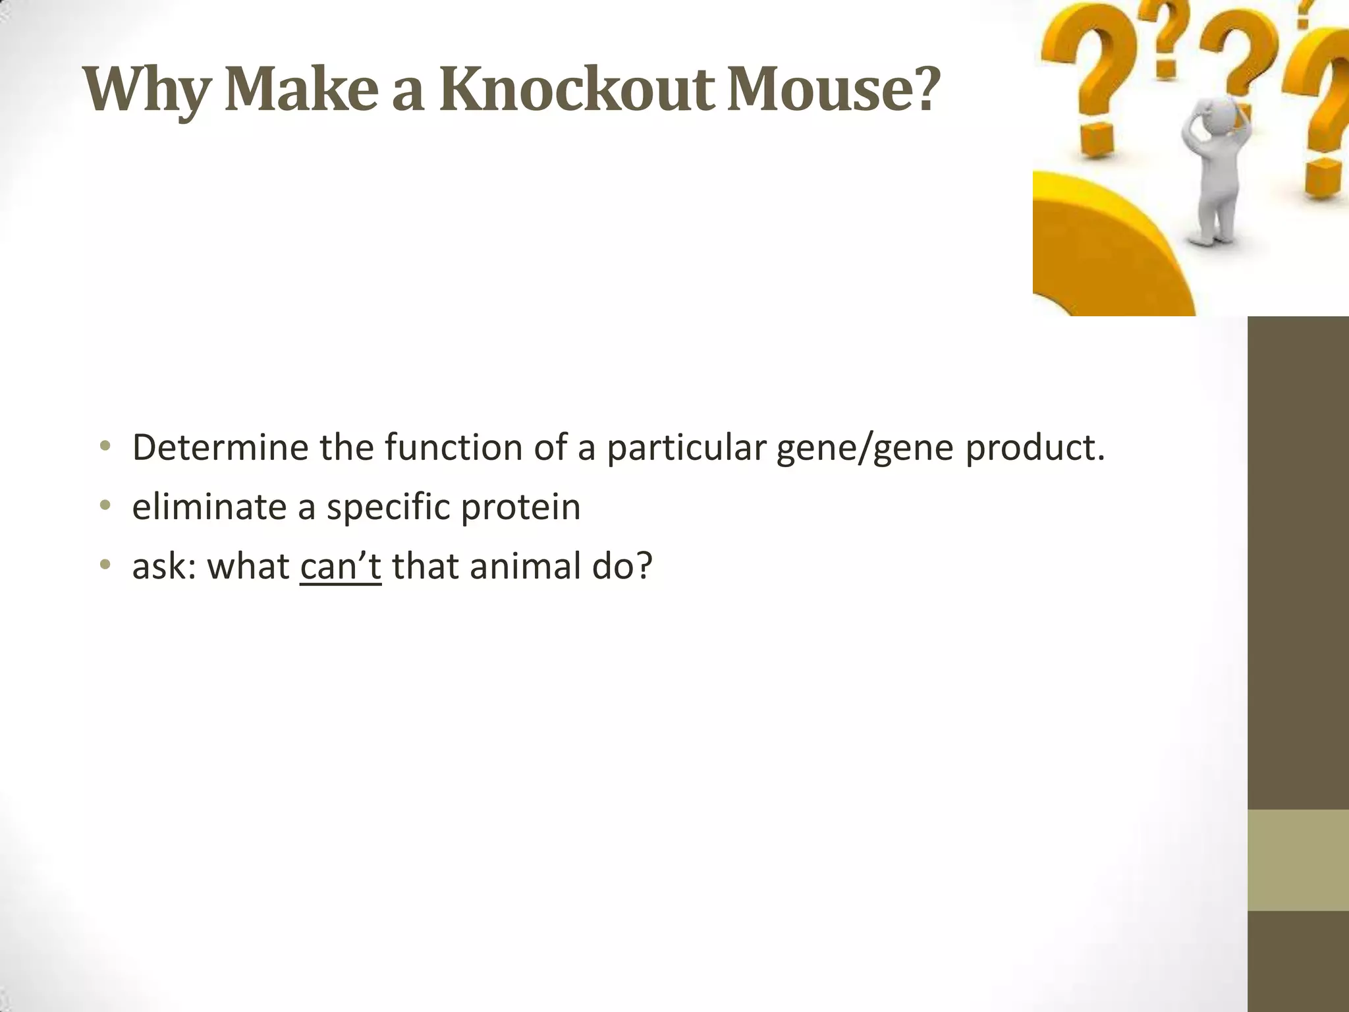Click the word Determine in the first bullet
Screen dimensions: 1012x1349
pos(220,447)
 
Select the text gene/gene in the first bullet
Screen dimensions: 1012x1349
pos(865,449)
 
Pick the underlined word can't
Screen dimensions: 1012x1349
pos(341,566)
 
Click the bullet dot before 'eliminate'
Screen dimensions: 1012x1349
pos(104,507)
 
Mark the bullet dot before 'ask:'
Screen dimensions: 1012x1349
pos(104,566)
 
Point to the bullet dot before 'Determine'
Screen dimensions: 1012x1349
pos(104,447)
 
